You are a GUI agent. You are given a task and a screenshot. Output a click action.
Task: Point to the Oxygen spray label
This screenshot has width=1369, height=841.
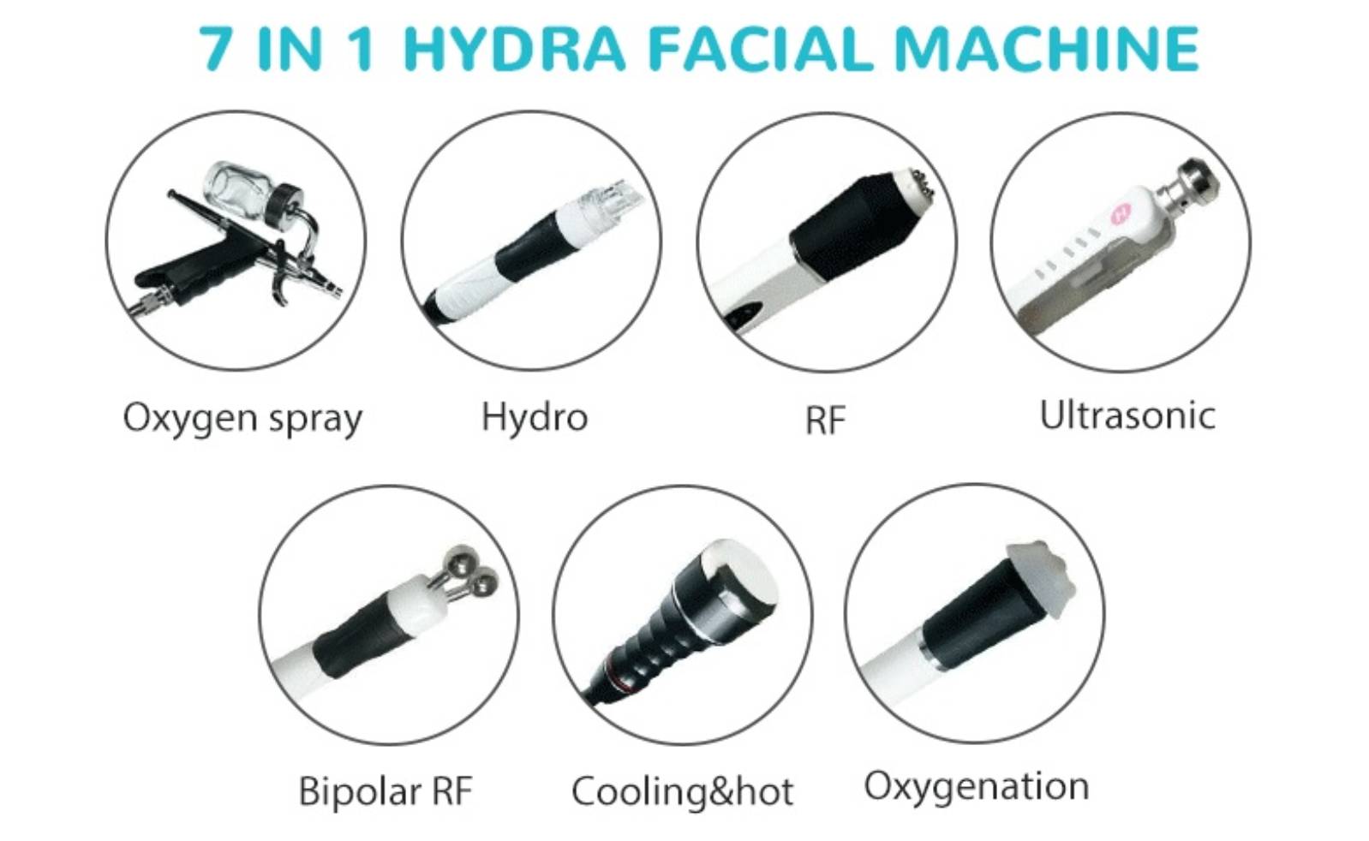click(x=242, y=419)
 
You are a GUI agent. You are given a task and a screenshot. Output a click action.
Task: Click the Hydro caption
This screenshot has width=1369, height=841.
click(x=535, y=418)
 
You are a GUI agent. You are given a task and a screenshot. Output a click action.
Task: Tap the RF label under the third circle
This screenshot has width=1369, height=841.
click(x=825, y=420)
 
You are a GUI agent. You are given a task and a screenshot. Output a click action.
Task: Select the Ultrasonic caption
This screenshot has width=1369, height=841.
click(x=1127, y=415)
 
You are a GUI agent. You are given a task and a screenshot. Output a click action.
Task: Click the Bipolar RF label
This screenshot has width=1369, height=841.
click(x=386, y=791)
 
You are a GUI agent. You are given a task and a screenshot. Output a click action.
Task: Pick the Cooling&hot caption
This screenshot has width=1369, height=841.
click(x=682, y=791)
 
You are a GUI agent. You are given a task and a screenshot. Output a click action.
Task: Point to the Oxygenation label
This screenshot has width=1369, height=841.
click(x=976, y=786)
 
